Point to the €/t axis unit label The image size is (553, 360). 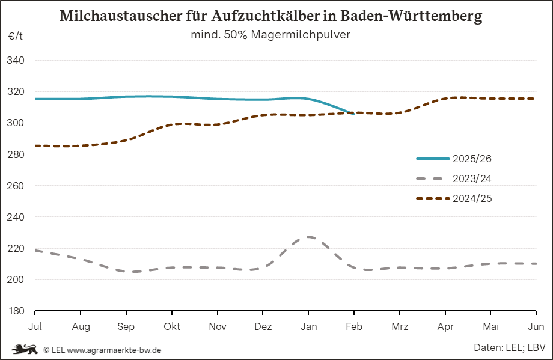[x=16, y=36]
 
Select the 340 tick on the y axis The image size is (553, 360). [x=16, y=61]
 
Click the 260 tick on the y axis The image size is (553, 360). [x=16, y=186]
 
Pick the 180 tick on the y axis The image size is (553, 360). [x=16, y=311]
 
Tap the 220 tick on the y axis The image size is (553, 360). [x=16, y=248]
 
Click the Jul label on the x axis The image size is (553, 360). [x=35, y=326]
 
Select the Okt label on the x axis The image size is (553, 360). [x=172, y=326]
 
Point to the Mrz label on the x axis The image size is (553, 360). [x=400, y=326]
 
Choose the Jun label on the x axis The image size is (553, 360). [x=536, y=326]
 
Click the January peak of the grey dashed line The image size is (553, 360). [x=308, y=237]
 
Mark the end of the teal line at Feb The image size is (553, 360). [x=353, y=113]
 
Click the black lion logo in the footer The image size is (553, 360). [x=25, y=349]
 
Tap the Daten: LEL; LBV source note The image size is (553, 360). [x=509, y=348]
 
